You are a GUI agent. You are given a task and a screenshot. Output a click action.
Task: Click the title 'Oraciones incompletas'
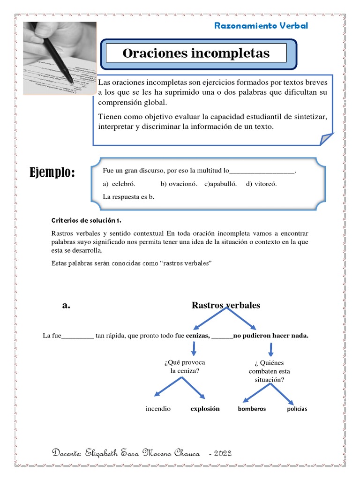[x=196, y=53]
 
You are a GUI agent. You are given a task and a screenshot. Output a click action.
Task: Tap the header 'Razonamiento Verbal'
[x=261, y=26]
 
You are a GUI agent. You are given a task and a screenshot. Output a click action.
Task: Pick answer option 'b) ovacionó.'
[x=179, y=184]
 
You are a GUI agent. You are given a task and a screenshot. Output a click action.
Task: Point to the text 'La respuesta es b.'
[x=128, y=197]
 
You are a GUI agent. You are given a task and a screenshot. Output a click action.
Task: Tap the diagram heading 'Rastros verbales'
[x=226, y=306]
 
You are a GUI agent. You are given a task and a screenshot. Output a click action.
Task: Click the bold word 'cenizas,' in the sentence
[x=197, y=336]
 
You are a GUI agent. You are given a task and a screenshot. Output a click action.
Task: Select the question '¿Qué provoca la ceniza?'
[x=185, y=367]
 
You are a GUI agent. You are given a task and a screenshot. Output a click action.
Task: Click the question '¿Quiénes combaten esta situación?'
[x=270, y=371]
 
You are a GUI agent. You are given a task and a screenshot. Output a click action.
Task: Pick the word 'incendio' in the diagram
[x=158, y=409]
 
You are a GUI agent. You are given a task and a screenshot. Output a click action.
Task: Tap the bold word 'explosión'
[x=205, y=409]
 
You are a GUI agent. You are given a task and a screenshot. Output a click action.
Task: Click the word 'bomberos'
[x=252, y=409]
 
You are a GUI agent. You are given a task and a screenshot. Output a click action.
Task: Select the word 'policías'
[x=297, y=409]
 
